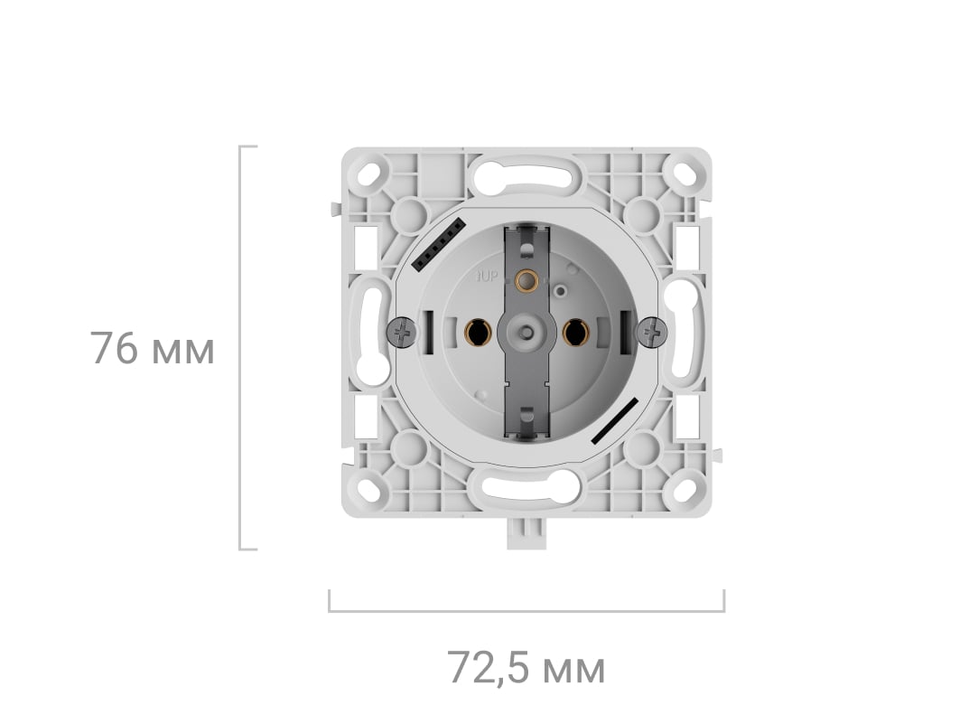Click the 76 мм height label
153,349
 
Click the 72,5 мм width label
526,668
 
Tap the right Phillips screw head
652,331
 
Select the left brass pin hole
479,333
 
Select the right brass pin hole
575,333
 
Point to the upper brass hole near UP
527,280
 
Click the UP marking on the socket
487,276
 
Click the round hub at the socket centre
527,332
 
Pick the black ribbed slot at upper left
440,244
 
